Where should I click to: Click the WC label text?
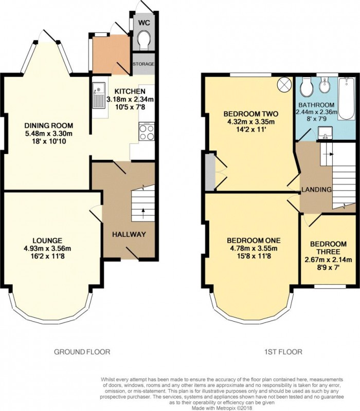pyautogui.click(x=144, y=23)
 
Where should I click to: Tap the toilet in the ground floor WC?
pyautogui.click(x=144, y=40)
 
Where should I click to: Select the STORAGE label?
pyautogui.click(x=143, y=64)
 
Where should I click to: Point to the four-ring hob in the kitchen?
pyautogui.click(x=147, y=132)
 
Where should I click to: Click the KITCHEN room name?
pyautogui.click(x=130, y=91)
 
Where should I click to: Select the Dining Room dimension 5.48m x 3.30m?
pyautogui.click(x=48, y=134)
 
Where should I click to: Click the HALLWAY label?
pyautogui.click(x=129, y=234)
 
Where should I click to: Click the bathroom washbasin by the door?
pyautogui.click(x=325, y=133)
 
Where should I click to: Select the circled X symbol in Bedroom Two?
pyautogui.click(x=284, y=84)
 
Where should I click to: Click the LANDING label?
pyautogui.click(x=316, y=189)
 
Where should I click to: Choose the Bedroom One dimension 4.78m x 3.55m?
pyautogui.click(x=254, y=248)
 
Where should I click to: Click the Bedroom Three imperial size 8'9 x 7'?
pyautogui.click(x=328, y=268)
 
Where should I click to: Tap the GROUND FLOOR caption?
pyautogui.click(x=82, y=352)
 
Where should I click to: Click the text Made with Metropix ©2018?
pyautogui.click(x=222, y=408)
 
